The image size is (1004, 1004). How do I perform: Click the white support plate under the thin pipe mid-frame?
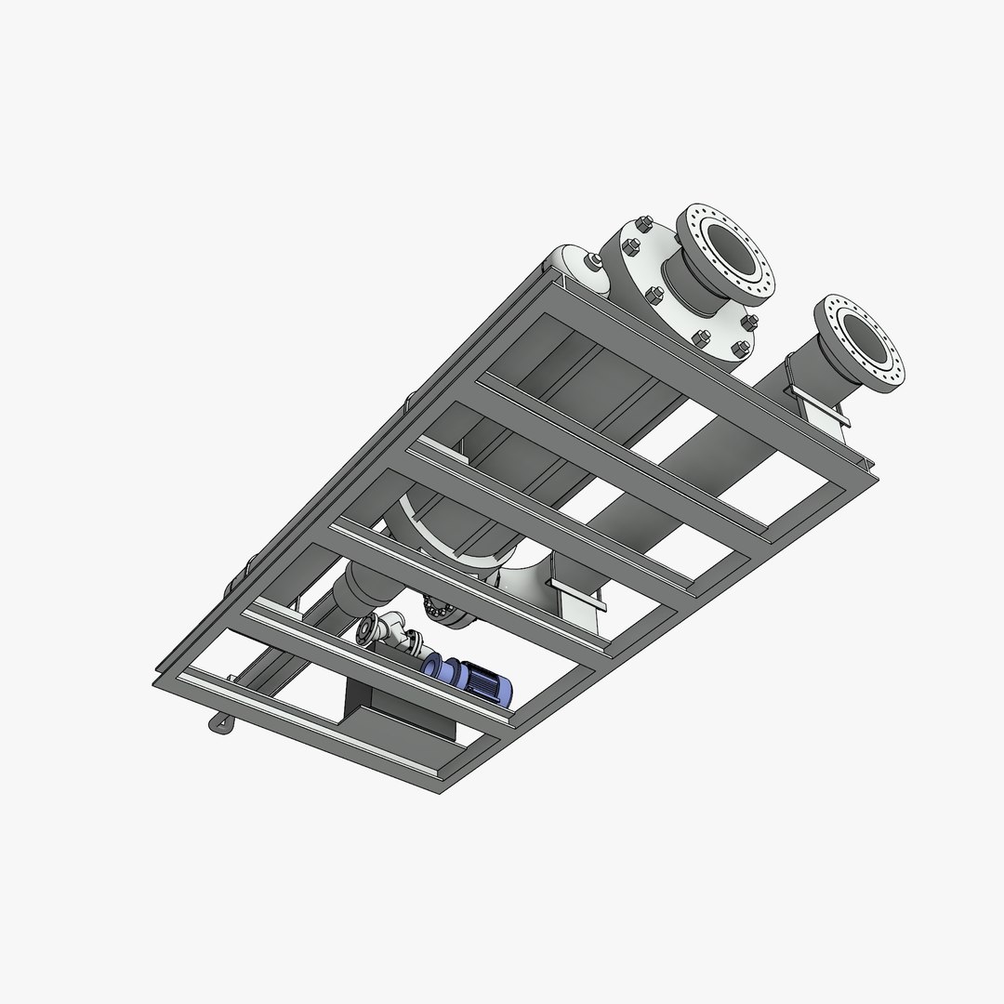coord(577,600)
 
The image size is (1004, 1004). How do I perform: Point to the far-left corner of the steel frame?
coord(155,683)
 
